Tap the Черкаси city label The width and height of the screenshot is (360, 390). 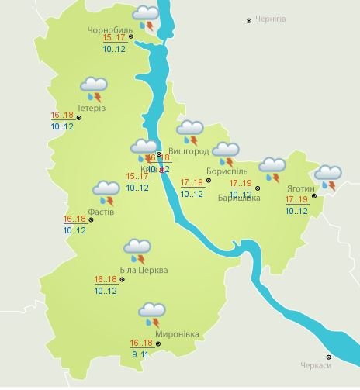pos(316,366)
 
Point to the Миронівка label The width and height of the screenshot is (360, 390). pos(178,335)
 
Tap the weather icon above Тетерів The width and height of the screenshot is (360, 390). pos(94,88)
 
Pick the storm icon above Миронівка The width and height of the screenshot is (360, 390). pos(152,316)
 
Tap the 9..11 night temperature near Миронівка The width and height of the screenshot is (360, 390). pos(140,354)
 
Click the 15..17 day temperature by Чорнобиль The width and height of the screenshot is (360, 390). pos(114,37)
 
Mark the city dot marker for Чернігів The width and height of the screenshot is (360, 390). pos(249,20)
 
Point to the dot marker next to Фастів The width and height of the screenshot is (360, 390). pos(91,219)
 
